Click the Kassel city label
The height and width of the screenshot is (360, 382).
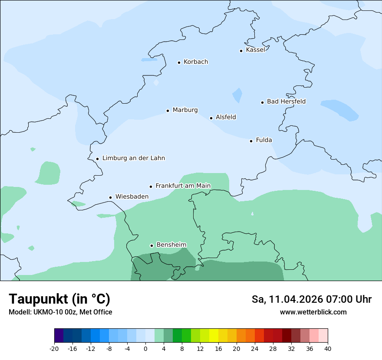pos(255,50)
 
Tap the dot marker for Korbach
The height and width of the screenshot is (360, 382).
pos(179,62)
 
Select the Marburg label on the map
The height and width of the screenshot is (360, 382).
pos(185,110)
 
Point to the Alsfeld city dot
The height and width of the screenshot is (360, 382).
pos(211,118)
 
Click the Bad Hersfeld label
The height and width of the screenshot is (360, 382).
pos(286,101)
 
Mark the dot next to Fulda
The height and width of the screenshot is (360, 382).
pos(251,141)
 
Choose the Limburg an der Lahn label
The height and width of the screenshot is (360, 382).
pos(133,158)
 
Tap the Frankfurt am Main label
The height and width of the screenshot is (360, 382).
pos(183,186)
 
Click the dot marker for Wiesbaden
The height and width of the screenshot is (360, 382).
pos(111,198)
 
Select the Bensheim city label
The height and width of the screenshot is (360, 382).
pos(171,245)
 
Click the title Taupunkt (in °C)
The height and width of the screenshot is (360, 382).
pos(59,299)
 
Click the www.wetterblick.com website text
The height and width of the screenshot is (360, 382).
pos(313,312)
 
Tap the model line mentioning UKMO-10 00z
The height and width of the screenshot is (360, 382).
pos(60,312)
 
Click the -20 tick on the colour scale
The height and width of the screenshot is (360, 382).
pos(54,348)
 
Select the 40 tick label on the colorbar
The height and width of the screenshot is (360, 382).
pos(327,348)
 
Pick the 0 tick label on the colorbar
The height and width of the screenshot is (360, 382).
pos(145,348)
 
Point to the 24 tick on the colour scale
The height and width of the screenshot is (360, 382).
pos(255,348)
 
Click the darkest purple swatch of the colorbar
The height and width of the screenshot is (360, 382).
pos(59,335)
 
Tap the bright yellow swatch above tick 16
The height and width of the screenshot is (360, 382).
pos(214,335)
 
